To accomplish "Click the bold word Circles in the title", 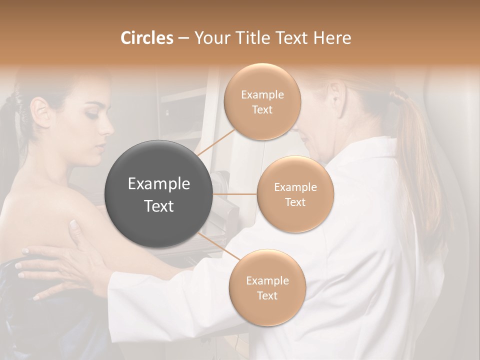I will pos(146,38).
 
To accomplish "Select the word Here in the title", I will pos(332,38).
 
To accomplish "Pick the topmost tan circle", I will pos(262,101).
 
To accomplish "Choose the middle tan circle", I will pos(295,194).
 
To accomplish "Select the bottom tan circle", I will pos(267,287).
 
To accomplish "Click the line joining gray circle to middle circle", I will pos(235,194).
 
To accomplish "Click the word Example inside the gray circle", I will pos(159,184).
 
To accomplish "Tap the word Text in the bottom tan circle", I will pos(267,295).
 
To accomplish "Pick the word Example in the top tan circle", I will pos(262,95).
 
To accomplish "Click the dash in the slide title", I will pos(183,38).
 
